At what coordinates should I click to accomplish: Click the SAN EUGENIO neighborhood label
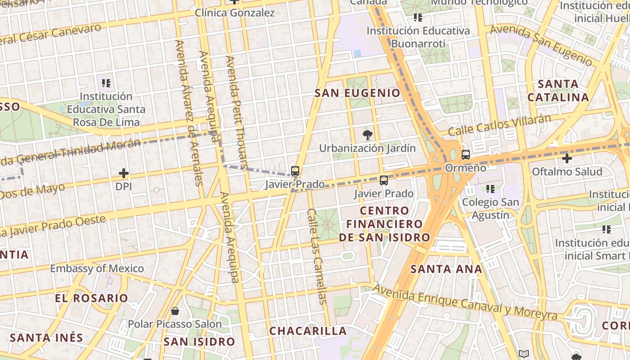tap(357, 93)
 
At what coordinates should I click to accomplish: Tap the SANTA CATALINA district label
tap(558, 90)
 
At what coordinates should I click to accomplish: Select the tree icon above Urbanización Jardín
tap(368, 134)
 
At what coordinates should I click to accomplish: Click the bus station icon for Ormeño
tap(466, 155)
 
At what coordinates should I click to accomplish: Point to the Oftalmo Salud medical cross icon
tap(567, 158)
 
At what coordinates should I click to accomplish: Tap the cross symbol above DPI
tap(123, 173)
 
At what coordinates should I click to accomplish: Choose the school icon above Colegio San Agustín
tap(490, 189)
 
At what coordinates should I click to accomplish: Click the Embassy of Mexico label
tap(97, 269)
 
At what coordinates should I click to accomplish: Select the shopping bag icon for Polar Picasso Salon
tap(175, 311)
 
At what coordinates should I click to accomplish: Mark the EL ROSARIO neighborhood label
tap(91, 298)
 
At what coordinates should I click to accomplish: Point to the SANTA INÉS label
tap(46, 337)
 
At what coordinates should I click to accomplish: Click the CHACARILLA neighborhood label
tap(308, 331)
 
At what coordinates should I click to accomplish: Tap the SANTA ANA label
tap(446, 269)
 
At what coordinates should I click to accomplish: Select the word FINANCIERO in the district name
tap(384, 224)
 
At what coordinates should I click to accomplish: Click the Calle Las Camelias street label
tap(317, 256)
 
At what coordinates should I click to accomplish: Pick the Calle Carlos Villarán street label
tap(499, 125)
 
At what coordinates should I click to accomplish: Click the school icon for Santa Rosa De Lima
tap(106, 83)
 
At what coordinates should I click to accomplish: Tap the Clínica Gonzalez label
tap(234, 13)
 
